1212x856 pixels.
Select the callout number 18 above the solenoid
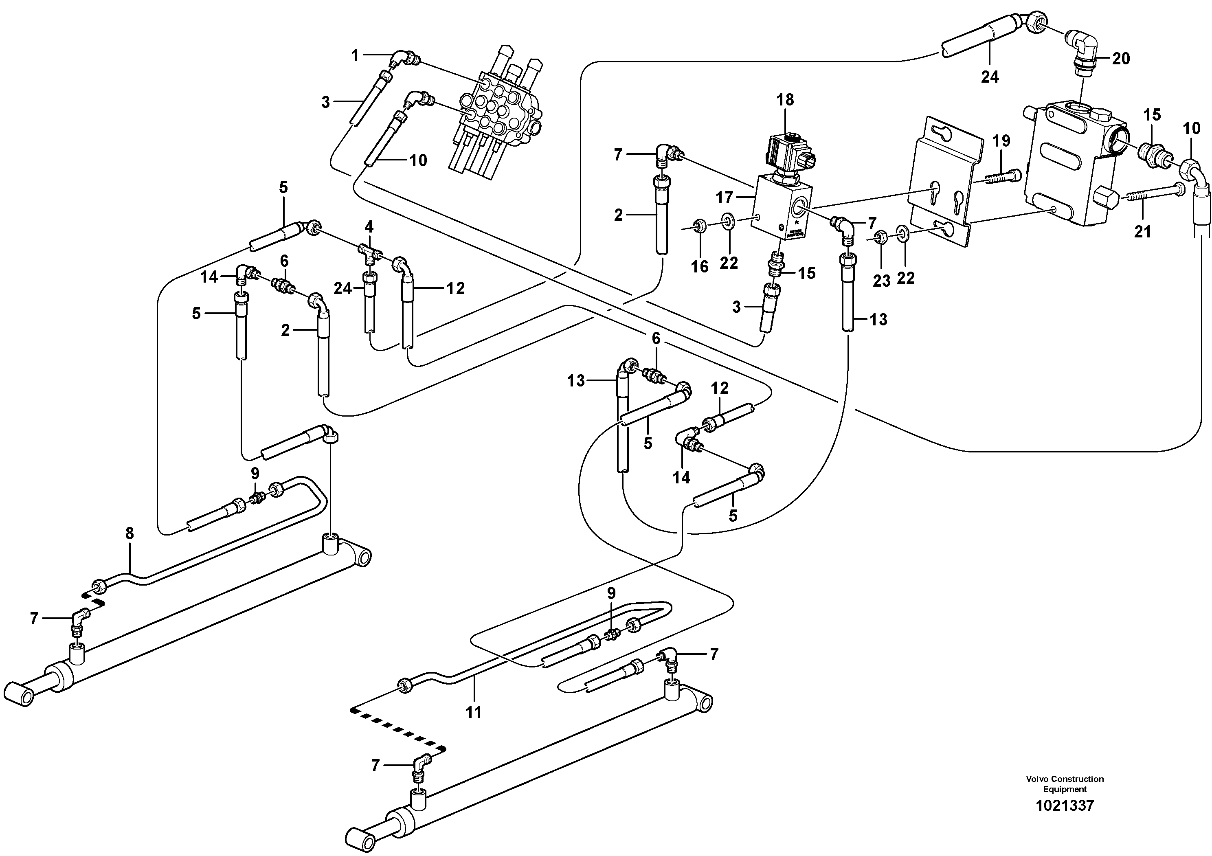click(x=785, y=99)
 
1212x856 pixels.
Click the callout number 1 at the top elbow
click(x=355, y=55)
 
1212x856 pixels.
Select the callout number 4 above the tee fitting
click(x=369, y=227)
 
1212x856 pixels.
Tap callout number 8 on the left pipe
click(x=130, y=533)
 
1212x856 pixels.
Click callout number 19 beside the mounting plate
click(x=1001, y=140)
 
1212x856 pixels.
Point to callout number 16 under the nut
click(x=700, y=266)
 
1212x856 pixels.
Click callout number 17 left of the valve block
click(x=724, y=198)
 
